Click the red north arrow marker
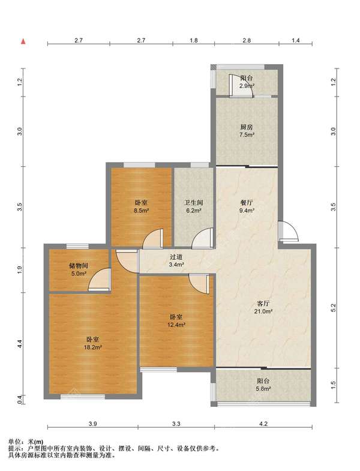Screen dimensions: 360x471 tap(23, 41)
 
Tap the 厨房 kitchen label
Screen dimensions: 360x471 tap(247, 127)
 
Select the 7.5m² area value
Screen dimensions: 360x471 tap(247, 135)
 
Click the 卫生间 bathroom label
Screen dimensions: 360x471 tap(194, 203)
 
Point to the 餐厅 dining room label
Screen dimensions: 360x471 tap(247, 203)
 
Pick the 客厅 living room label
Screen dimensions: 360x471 tap(263, 304)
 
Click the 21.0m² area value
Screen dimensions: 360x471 tap(263, 311)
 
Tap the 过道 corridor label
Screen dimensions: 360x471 tap(176, 257)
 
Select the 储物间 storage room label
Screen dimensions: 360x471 tap(78, 266)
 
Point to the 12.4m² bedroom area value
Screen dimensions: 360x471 tap(176, 325)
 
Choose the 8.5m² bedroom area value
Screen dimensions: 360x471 tap(141, 211)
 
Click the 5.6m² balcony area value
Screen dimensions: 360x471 tap(263, 389)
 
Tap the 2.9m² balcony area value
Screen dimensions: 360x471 tap(247, 86)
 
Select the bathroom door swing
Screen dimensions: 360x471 tap(203, 239)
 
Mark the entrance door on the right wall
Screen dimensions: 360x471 tap(287, 231)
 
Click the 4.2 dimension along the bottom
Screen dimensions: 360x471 tap(263, 424)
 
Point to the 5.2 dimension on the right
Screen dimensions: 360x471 tap(332, 308)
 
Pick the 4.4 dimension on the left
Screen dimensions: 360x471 tap(20, 344)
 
